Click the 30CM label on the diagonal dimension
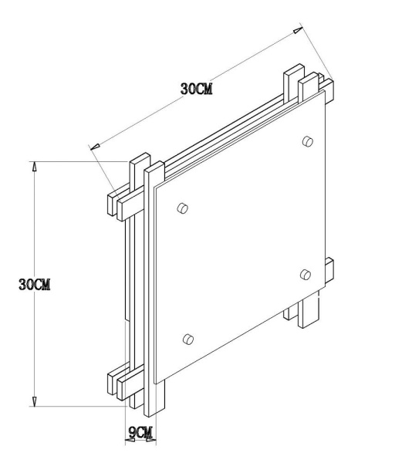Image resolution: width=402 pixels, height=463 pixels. tap(196, 89)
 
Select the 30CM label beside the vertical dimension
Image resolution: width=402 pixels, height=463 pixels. tap(35, 283)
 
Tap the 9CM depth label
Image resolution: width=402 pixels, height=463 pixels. tap(140, 433)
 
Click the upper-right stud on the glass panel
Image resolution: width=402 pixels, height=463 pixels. tap(307, 140)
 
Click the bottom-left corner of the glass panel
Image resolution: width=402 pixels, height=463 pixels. tap(160, 382)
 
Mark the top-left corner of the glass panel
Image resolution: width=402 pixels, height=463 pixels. tap(154, 188)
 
